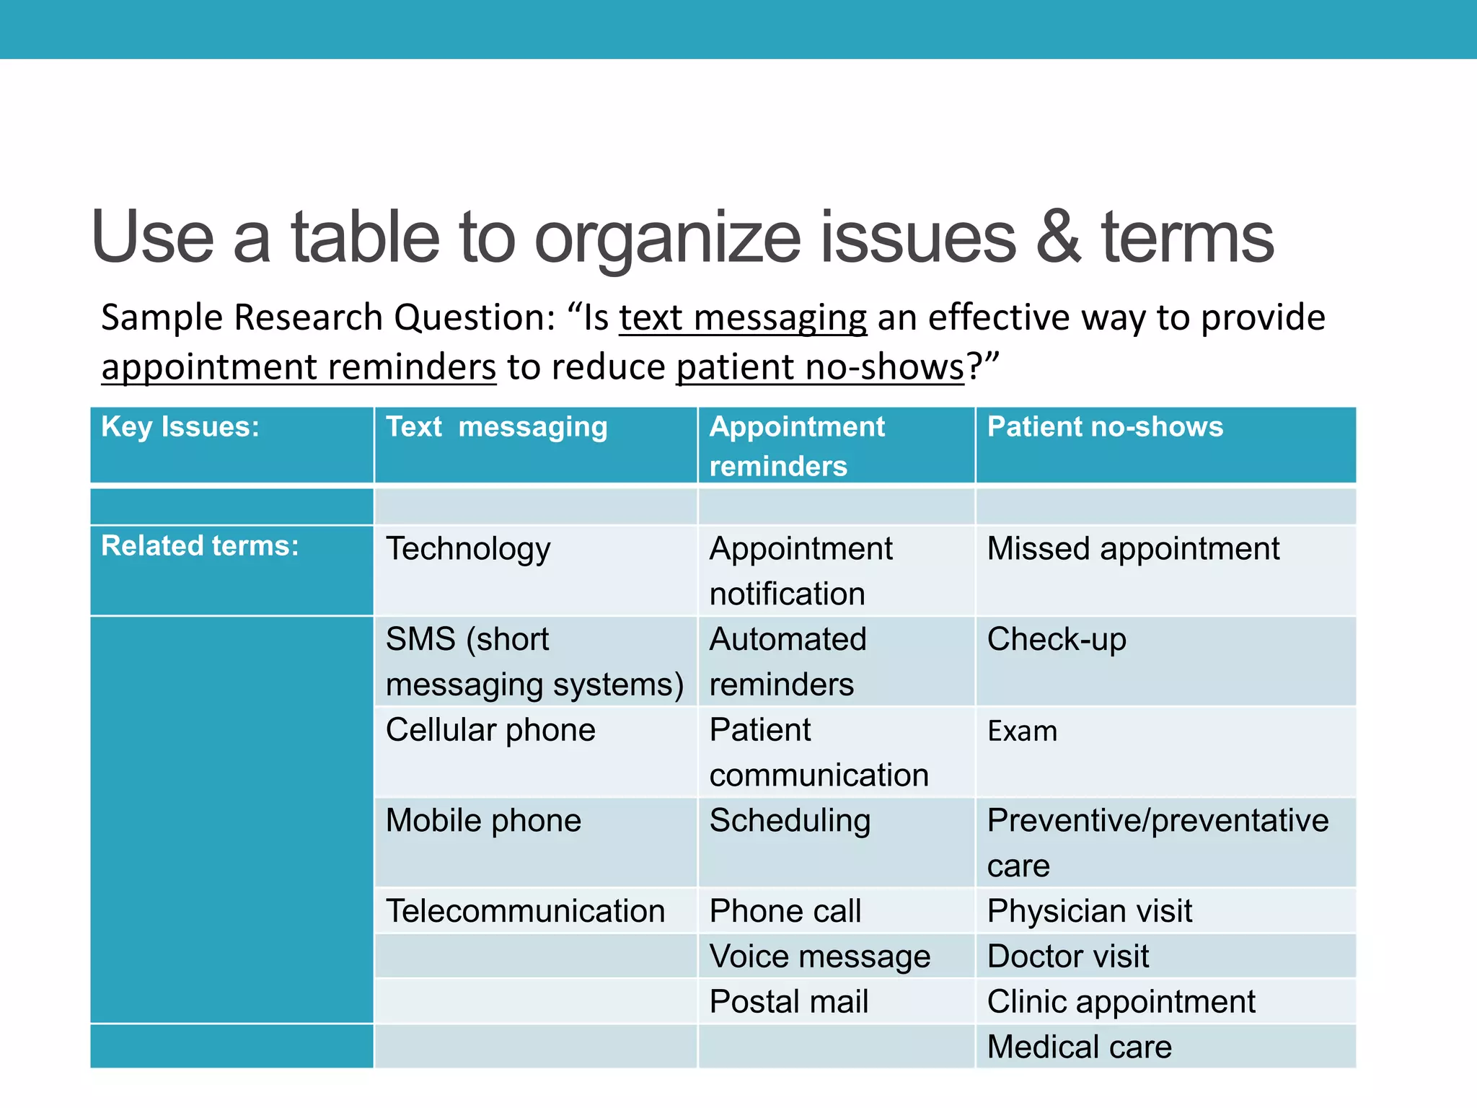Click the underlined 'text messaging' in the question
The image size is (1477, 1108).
(743, 318)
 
